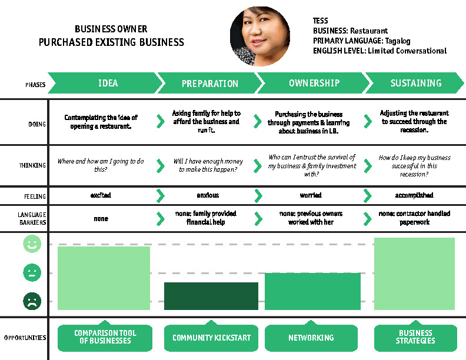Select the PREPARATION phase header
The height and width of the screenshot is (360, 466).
[x=209, y=84]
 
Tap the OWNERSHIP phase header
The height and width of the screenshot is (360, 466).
[x=314, y=83]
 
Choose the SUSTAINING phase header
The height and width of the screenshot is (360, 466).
[x=415, y=83]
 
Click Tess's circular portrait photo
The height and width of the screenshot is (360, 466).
[x=260, y=36]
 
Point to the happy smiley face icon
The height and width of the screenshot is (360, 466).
[x=32, y=244]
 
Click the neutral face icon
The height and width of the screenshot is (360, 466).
[x=32, y=273]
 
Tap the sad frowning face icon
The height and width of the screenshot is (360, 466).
[x=32, y=302]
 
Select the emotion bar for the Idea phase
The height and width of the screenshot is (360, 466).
[x=104, y=278]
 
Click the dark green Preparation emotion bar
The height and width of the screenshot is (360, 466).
[x=211, y=296]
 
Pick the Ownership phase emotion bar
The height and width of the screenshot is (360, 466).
[x=312, y=291]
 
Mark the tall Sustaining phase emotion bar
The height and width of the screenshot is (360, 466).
[x=414, y=274]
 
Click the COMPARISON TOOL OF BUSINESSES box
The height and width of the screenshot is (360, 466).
[x=105, y=337]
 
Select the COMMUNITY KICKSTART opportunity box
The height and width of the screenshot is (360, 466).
[x=211, y=338]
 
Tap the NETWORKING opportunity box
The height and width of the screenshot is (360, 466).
[x=311, y=338]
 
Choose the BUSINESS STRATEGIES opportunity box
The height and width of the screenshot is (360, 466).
[x=415, y=337]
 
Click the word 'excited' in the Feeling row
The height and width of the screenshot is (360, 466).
[x=101, y=195]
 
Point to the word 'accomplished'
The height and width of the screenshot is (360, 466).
[x=414, y=195]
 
